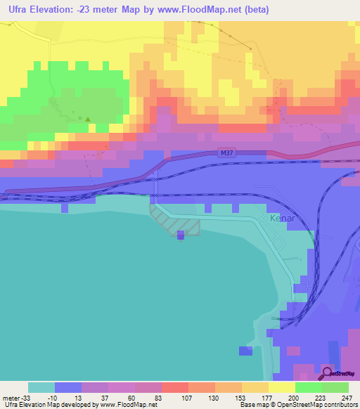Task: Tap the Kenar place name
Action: click(283, 219)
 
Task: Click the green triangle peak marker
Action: click(88, 119)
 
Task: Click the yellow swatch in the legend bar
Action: click(281, 387)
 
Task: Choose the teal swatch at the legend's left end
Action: click(41, 387)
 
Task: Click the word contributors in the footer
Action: click(338, 404)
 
